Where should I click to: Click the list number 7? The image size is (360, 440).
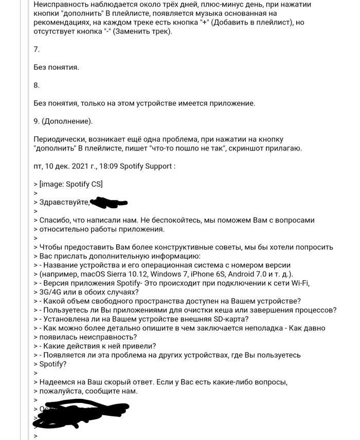point(36,49)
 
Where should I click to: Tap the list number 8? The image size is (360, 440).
point(36,85)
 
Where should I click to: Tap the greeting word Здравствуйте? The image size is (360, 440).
point(64,202)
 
